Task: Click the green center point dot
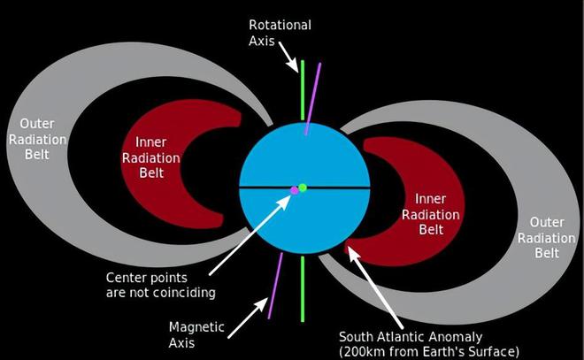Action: [x=303, y=188]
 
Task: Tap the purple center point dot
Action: [x=295, y=190]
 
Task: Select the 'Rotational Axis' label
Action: [x=280, y=33]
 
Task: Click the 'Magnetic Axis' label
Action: [x=196, y=334]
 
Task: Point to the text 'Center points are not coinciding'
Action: [x=160, y=285]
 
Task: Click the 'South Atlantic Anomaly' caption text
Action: [x=411, y=336]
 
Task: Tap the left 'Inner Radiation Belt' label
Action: [x=150, y=157]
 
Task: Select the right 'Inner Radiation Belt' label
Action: [x=431, y=214]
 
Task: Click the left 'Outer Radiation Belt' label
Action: [x=37, y=139]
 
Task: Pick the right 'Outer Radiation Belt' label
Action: [x=546, y=238]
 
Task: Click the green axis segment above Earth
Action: [x=303, y=90]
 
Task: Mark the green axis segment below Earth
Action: [x=303, y=289]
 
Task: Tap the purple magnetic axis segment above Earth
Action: [x=313, y=99]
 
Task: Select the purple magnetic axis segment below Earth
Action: [x=275, y=286]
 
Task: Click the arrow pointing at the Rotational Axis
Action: [x=288, y=57]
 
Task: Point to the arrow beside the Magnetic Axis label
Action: [x=248, y=318]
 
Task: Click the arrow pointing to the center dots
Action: [x=250, y=234]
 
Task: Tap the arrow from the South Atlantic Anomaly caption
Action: [x=375, y=287]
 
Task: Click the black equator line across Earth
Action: [x=304, y=188]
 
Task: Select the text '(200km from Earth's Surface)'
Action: [x=429, y=352]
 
